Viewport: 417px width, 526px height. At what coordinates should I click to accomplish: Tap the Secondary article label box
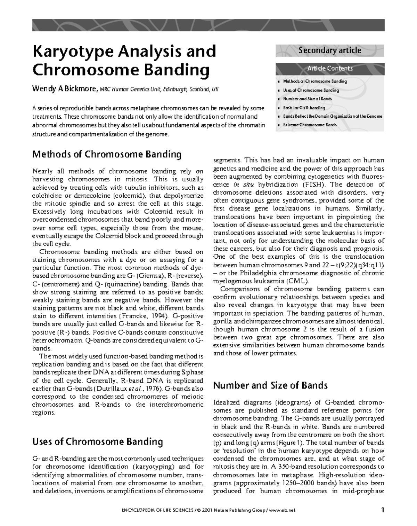tap(330, 50)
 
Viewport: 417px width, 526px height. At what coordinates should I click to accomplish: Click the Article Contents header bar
tap(330, 69)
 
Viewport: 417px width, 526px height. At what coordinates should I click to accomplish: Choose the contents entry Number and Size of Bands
tap(307, 99)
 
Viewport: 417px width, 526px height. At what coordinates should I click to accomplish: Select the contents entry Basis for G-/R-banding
tap(304, 108)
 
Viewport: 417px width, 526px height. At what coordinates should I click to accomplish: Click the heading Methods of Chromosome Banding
tap(107, 154)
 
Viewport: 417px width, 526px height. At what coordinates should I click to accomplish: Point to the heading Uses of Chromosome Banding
tap(97, 442)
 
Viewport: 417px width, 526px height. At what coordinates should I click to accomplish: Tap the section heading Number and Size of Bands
tap(270, 385)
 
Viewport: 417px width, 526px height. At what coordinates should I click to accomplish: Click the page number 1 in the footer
tap(382, 510)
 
